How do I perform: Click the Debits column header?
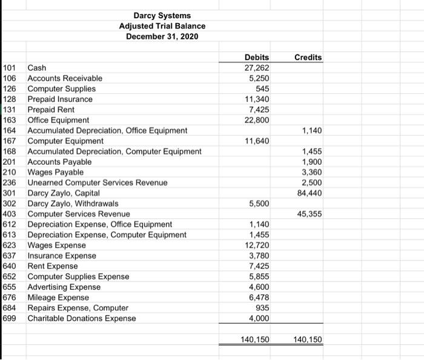257,57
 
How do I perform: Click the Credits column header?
308,57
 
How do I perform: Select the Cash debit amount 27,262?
257,67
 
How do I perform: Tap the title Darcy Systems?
162,15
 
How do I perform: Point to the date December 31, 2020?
162,36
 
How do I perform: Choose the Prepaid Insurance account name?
60,99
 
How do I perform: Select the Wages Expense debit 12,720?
257,245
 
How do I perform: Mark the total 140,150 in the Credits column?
308,339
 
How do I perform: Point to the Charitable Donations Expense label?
82,318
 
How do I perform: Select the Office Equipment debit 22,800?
257,120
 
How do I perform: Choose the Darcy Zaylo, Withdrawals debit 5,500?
259,203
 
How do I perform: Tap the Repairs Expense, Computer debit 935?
262,308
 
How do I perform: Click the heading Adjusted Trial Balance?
162,26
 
